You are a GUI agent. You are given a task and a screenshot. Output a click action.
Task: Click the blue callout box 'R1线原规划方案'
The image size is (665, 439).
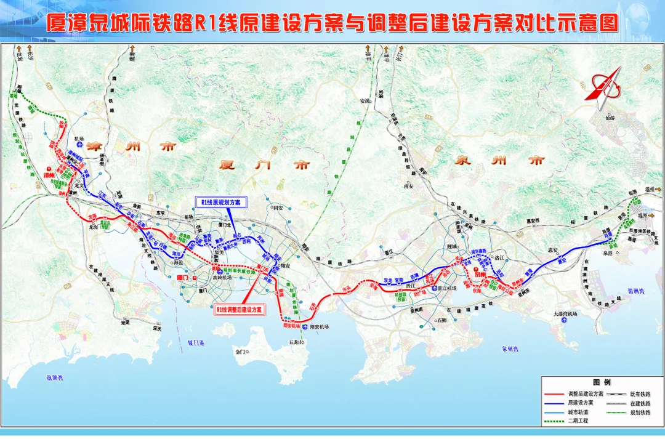[221, 202]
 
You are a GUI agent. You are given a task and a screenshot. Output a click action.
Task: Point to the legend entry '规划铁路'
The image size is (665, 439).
[640, 412]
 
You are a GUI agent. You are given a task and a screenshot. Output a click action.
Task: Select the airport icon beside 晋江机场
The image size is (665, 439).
[435, 288]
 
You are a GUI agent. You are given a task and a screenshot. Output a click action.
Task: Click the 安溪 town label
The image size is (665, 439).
[365, 101]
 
